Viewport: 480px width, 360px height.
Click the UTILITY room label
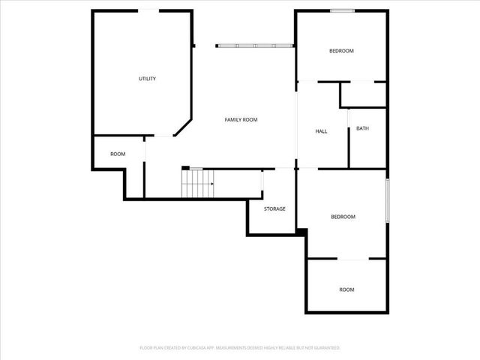click(x=147, y=79)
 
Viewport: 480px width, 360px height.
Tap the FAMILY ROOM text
click(x=241, y=120)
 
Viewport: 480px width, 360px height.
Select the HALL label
click(x=321, y=131)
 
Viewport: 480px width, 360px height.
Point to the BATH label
click(x=362, y=128)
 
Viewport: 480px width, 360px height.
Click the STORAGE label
click(x=274, y=208)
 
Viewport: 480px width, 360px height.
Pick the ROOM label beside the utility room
click(x=118, y=154)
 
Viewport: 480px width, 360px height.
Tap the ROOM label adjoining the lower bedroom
click(x=346, y=289)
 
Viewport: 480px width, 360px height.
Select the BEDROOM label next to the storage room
click(x=343, y=217)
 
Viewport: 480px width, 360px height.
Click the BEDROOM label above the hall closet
click(x=341, y=51)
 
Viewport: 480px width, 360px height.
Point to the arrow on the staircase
click(x=212, y=184)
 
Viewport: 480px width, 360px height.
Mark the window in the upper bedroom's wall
click(x=342, y=10)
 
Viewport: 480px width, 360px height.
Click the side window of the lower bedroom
click(x=387, y=200)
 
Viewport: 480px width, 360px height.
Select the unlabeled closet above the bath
click(x=363, y=94)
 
